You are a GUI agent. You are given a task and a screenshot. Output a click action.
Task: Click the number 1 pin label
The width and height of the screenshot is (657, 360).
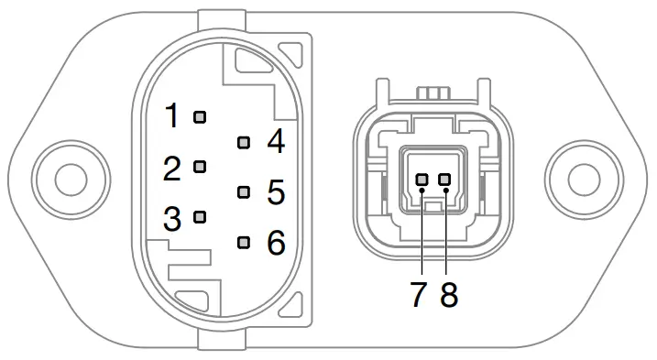tap(171, 116)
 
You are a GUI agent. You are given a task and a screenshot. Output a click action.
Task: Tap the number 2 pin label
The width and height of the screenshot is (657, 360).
tap(171, 168)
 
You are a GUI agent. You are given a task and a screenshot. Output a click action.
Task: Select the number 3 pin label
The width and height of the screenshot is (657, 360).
tap(171, 218)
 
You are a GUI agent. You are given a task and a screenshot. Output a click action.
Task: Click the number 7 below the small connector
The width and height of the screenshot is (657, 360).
tap(419, 295)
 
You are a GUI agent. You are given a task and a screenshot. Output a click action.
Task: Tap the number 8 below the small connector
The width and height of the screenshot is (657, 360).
tap(448, 295)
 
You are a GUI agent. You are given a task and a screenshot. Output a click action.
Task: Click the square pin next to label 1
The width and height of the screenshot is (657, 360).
tap(200, 116)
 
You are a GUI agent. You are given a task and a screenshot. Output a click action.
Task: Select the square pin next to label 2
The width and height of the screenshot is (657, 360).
tap(200, 167)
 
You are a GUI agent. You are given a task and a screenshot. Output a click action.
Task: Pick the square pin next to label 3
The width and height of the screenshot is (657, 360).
tap(200, 217)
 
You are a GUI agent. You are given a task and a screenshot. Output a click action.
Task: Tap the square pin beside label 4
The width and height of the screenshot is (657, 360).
tap(243, 142)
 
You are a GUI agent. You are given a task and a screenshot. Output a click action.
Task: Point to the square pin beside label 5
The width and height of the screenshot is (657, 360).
tap(243, 192)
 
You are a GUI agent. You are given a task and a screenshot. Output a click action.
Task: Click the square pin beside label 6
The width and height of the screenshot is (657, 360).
tap(243, 243)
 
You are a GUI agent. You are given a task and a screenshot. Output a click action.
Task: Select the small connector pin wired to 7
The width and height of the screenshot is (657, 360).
tap(422, 180)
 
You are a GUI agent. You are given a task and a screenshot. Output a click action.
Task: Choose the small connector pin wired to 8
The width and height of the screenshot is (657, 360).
tap(445, 180)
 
